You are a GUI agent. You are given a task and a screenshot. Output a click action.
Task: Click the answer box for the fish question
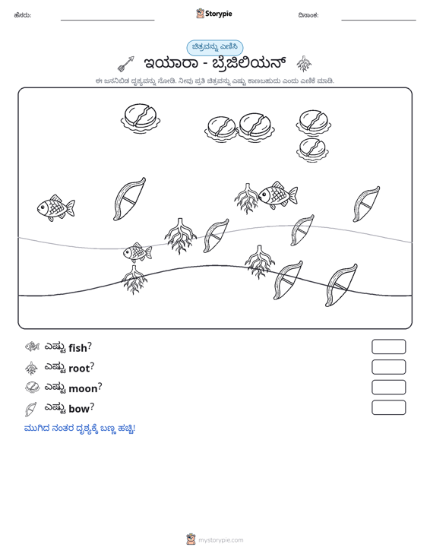click(388, 347)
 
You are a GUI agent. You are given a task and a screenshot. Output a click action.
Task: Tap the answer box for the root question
click(388, 367)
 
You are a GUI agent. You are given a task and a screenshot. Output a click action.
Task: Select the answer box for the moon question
click(388, 388)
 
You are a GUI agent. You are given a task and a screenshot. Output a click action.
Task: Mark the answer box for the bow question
click(388, 407)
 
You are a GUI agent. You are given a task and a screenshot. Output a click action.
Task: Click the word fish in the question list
click(77, 348)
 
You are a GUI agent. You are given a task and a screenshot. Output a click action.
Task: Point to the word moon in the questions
click(83, 388)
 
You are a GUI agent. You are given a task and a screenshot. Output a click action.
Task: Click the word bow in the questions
click(79, 409)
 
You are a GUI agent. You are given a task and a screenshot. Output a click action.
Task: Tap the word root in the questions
click(79, 369)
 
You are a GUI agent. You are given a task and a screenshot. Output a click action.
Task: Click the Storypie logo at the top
click(214, 14)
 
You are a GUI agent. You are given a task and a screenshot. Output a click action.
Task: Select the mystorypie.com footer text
click(220, 540)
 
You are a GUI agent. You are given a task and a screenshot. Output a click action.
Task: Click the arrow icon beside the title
click(125, 64)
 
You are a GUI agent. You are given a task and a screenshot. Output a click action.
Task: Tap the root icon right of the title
click(304, 64)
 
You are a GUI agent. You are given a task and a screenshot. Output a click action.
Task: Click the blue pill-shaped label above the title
click(215, 48)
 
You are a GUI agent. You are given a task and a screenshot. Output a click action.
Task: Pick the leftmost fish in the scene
click(55, 207)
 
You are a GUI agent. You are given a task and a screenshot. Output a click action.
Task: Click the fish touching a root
click(277, 195)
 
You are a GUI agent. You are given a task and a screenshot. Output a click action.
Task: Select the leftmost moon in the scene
click(140, 118)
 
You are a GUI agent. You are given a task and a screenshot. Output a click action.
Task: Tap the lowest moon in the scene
click(312, 150)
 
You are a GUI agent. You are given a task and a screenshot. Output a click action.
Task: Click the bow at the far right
click(366, 204)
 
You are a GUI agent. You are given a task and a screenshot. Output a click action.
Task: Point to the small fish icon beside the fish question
click(32, 347)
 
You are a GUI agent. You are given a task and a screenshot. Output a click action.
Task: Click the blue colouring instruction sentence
click(80, 429)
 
